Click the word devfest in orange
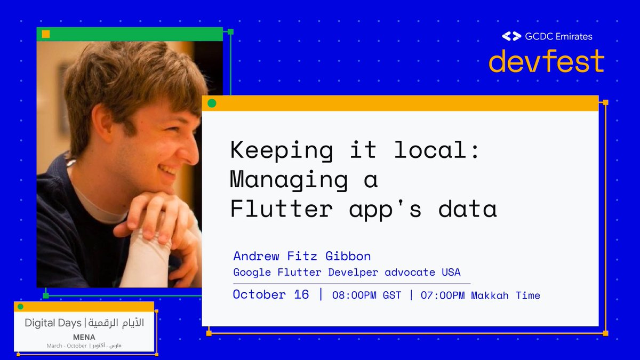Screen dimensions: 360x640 pos(546,61)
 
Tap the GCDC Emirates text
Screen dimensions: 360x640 pos(558,36)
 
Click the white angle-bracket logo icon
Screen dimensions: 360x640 pos(511,36)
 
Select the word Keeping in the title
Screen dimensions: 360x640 pos(281,150)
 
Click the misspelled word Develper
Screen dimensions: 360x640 pos(353,272)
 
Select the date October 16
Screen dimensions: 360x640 pos(271,294)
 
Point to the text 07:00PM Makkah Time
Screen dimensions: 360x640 pos(480,295)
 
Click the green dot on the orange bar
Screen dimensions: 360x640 pos(212,103)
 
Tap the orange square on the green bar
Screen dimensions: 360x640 pos(46,34)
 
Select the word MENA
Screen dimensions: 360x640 pos(84,337)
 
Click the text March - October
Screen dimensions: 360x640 pos(67,346)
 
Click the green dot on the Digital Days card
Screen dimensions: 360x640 pos(21,307)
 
